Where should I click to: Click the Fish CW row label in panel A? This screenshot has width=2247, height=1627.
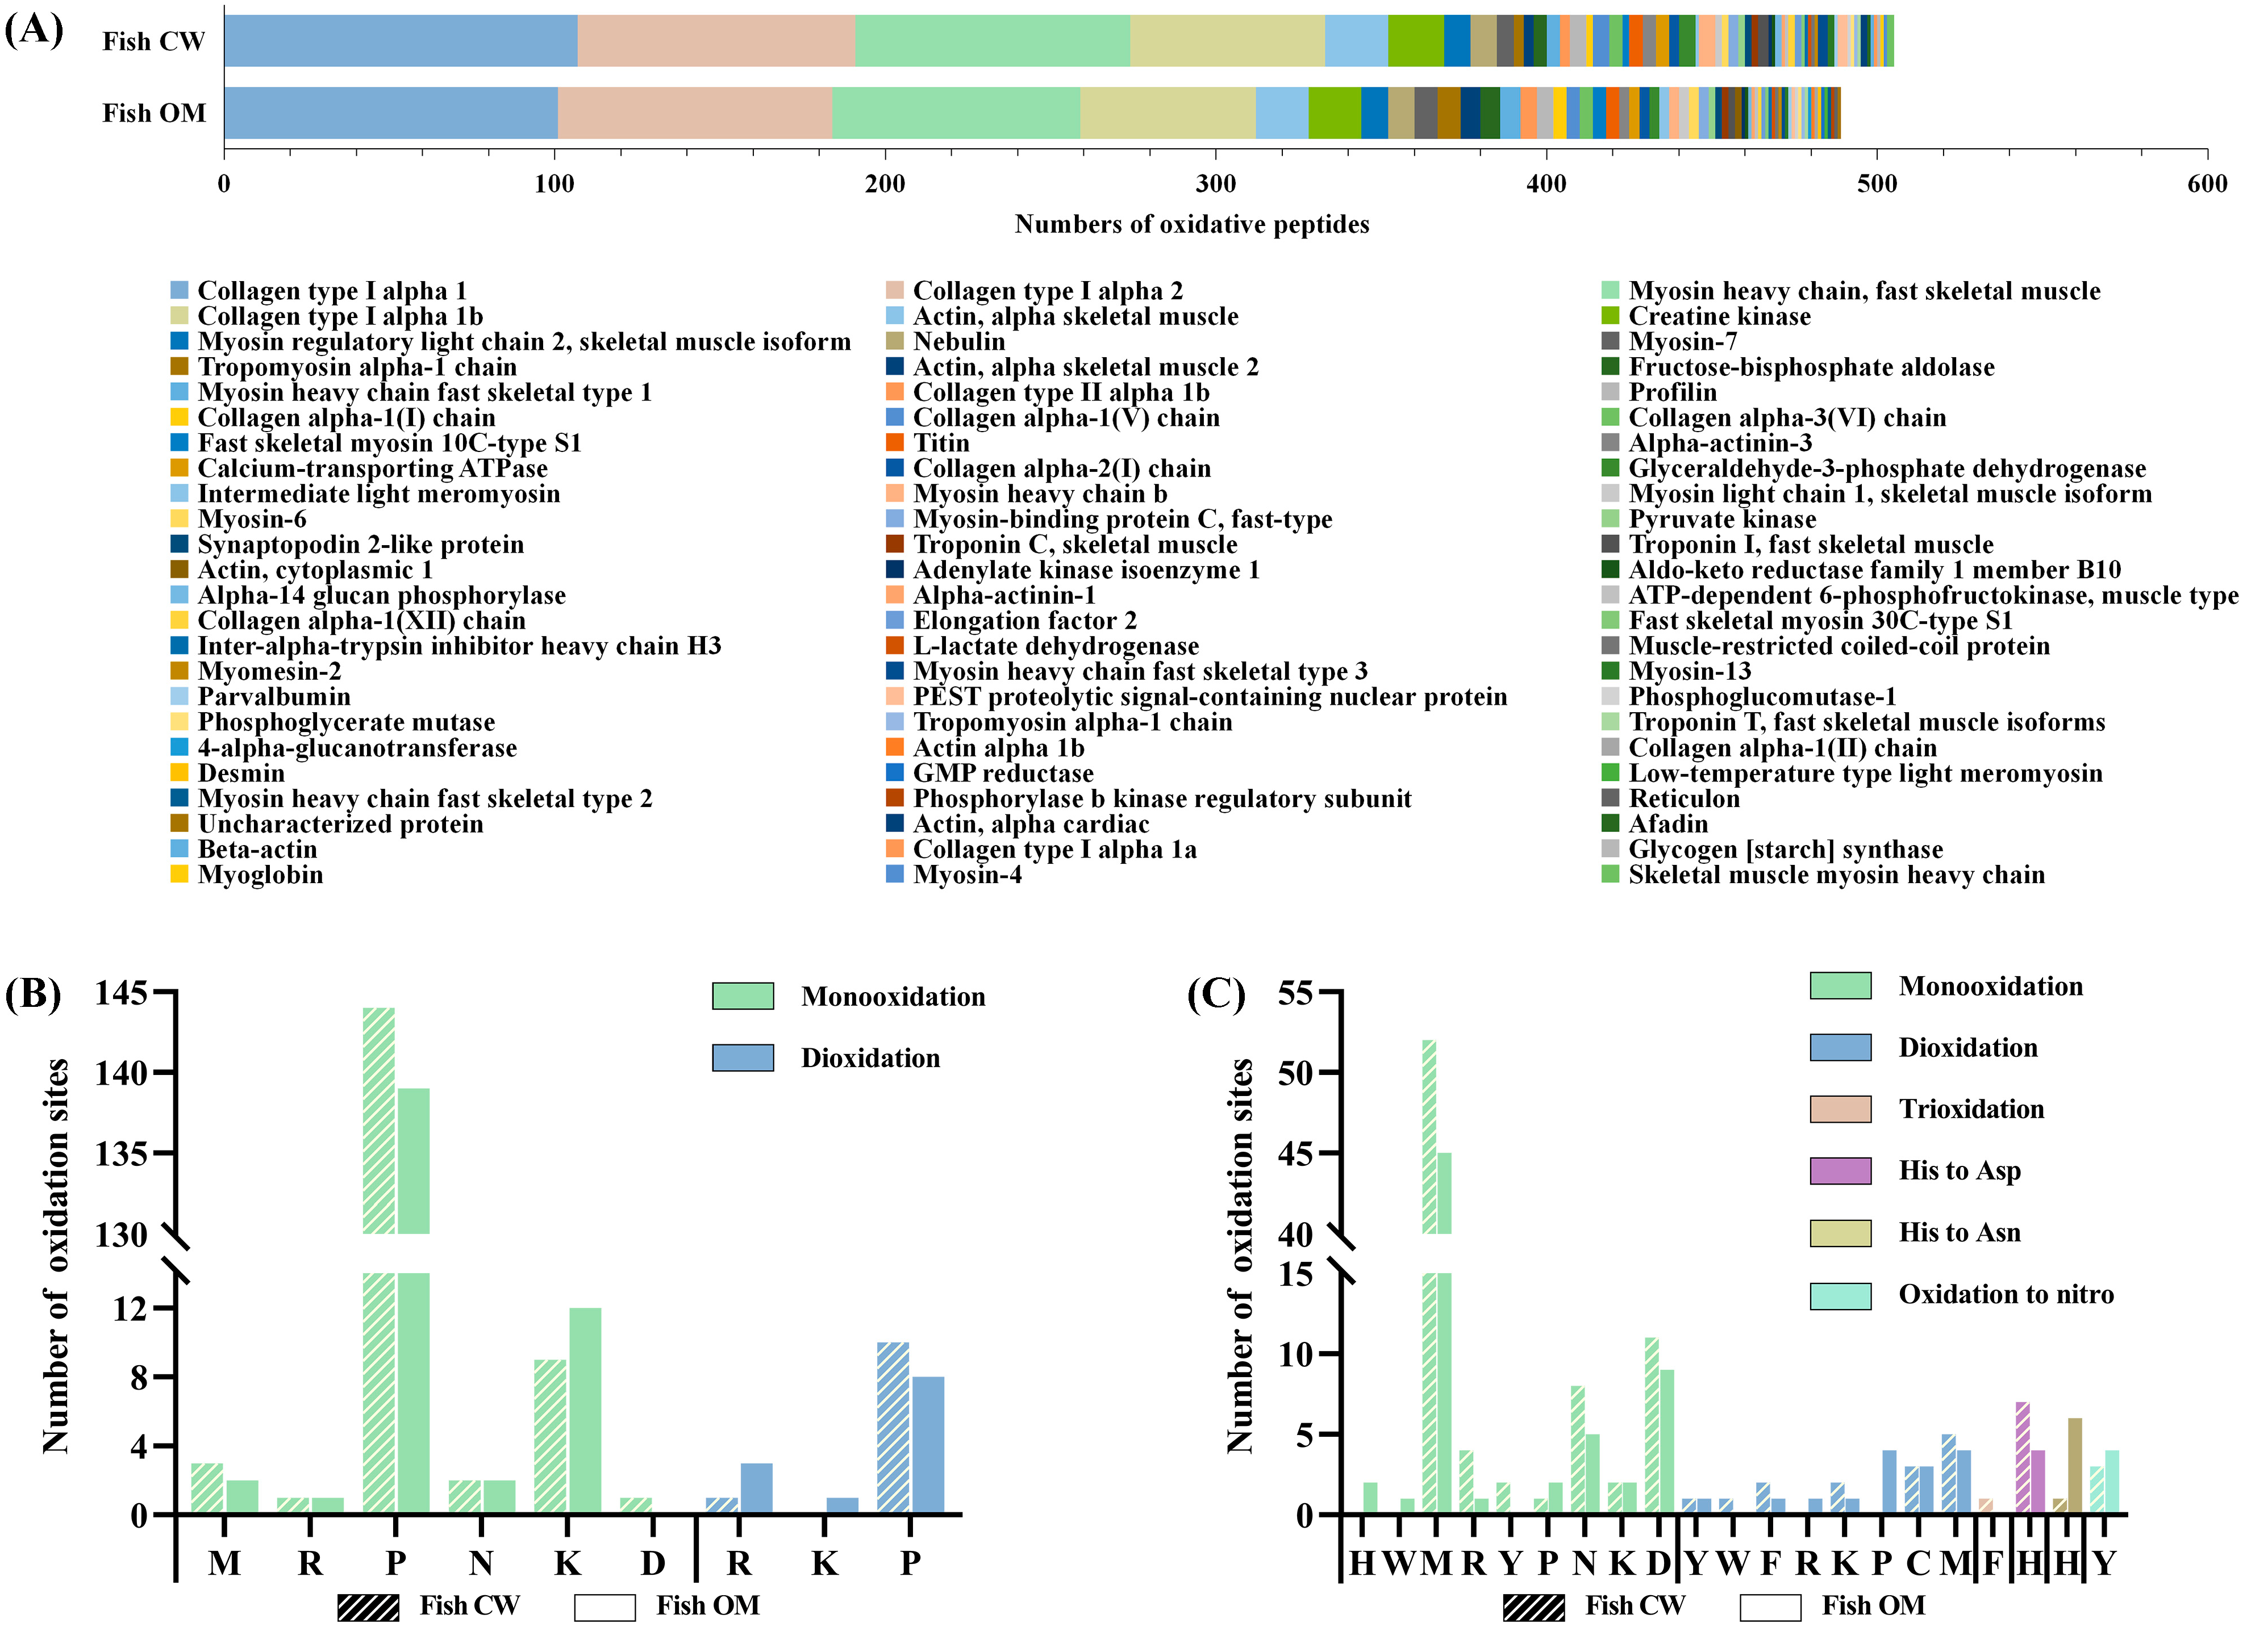153,41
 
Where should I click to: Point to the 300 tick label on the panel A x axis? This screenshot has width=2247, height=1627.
1216,184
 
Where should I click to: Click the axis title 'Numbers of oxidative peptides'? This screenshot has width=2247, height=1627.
1192,225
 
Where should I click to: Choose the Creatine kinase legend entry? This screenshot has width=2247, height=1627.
1719,317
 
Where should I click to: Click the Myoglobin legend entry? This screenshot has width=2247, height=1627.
260,875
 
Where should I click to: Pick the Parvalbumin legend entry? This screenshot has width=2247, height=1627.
273,697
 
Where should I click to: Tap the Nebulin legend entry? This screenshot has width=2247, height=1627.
958,342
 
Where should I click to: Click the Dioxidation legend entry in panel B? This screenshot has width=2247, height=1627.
869,1059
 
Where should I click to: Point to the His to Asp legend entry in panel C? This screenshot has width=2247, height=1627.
1959,1172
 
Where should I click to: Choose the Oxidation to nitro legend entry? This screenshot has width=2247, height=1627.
2006,1295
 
